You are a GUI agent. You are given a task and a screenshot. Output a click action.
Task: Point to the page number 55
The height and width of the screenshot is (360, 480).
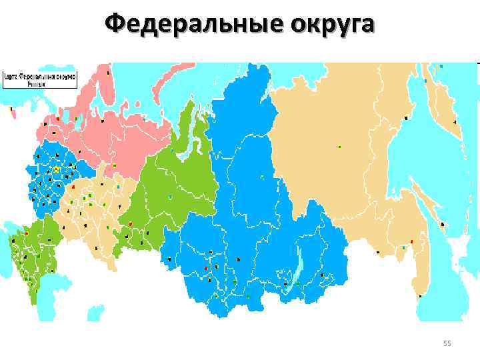(447, 343)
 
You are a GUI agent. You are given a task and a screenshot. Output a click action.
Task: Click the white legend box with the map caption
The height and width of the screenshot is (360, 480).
(40, 80)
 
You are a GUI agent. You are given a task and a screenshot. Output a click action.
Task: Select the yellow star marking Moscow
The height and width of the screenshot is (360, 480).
(56, 170)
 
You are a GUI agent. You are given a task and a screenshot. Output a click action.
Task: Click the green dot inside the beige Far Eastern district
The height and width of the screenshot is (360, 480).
(340, 146)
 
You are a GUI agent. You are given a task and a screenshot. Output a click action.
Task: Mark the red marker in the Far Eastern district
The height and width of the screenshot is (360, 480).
(412, 241)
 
